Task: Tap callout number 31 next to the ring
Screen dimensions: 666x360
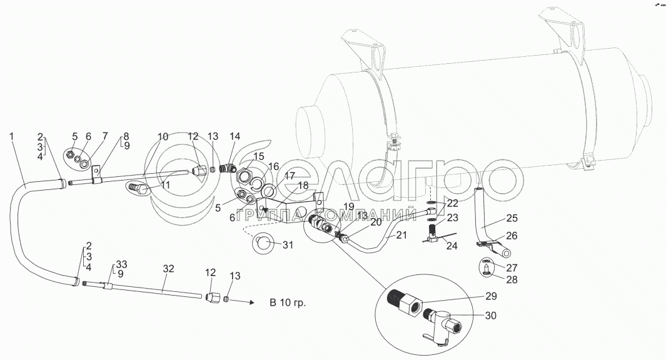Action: point(287,245)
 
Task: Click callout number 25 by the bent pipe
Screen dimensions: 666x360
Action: point(512,219)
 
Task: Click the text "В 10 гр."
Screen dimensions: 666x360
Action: point(290,302)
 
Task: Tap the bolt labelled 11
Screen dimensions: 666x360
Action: point(141,187)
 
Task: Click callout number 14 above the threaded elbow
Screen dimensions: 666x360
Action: point(235,136)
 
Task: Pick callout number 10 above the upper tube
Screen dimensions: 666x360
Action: point(163,136)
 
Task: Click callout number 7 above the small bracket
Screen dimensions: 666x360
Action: point(104,136)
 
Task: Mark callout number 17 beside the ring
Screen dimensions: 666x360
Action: point(289,177)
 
